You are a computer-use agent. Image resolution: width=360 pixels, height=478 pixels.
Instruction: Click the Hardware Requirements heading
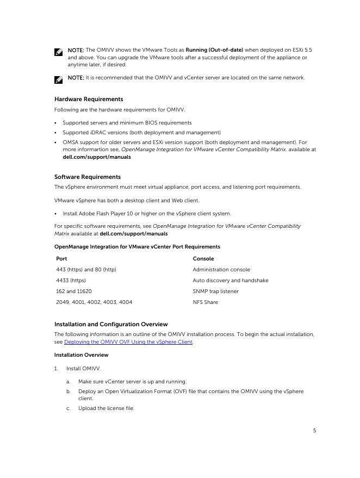tap(89, 99)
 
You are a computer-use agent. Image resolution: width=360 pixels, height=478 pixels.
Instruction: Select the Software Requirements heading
tap(88, 177)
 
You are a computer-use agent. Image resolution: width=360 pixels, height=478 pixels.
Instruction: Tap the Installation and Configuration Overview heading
tap(111, 324)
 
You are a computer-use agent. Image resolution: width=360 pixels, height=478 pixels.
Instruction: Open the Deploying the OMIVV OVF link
tap(128, 342)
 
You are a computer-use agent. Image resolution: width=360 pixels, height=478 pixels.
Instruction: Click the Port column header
tap(61, 259)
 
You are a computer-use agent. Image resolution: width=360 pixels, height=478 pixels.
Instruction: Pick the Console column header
tap(203, 259)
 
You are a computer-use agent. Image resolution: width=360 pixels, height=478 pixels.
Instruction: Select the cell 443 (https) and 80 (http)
tap(86, 270)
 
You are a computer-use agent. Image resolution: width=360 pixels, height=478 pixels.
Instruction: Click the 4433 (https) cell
tap(71, 281)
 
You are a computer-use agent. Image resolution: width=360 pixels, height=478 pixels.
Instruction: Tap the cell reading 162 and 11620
tap(74, 291)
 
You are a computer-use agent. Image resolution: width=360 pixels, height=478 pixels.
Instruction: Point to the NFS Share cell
tap(205, 302)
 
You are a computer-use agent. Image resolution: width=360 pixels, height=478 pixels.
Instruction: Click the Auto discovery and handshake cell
tap(230, 281)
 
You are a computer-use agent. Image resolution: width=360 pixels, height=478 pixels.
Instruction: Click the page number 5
tap(314, 431)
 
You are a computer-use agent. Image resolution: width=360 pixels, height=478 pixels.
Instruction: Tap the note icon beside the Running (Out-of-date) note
tap(58, 52)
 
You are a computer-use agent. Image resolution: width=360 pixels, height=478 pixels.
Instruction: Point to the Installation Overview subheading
tap(81, 355)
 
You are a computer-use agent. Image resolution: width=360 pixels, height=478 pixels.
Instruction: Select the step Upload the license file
tap(106, 408)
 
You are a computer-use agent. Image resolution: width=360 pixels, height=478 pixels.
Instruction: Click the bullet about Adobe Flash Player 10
tap(147, 214)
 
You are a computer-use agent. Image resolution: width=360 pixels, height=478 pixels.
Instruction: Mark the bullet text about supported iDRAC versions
tap(141, 132)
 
